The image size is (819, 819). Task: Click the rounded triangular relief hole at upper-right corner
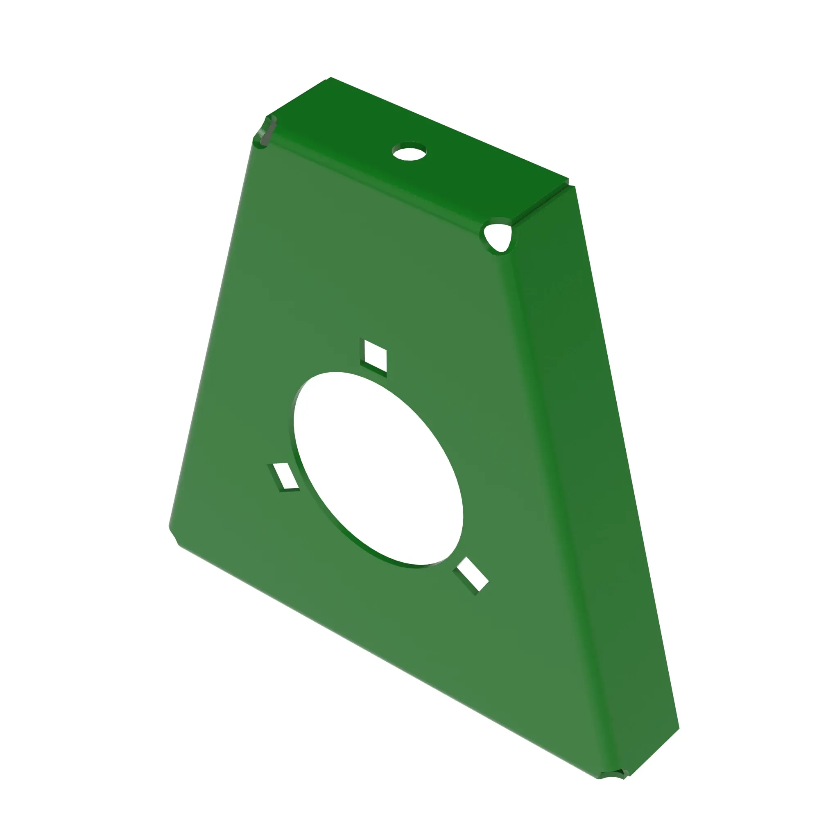pyautogui.click(x=498, y=238)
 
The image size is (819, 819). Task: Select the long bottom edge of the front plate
pyautogui.click(x=382, y=657)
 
